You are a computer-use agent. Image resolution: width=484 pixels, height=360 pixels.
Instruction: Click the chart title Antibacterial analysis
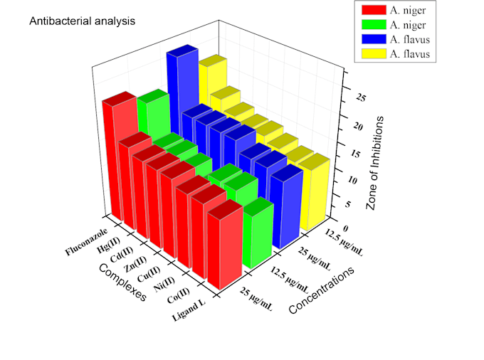pos(81,21)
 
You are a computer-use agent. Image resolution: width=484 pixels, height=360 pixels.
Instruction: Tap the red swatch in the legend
pos(372,10)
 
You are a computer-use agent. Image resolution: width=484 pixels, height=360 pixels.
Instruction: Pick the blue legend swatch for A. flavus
pos(372,39)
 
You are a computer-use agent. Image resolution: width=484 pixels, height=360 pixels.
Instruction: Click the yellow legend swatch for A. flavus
pos(372,54)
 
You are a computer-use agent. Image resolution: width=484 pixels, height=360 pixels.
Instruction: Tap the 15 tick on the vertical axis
pos(349,152)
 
